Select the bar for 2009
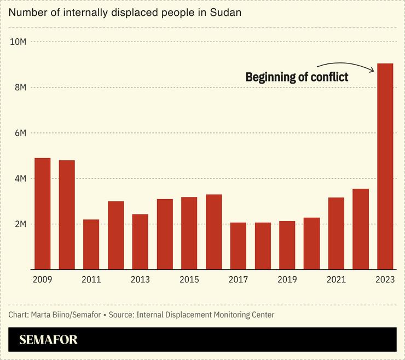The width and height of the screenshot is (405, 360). coord(42,214)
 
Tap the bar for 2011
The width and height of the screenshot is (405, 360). coord(91,244)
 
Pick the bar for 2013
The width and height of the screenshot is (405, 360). coord(140,241)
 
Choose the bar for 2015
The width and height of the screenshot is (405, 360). coord(189,233)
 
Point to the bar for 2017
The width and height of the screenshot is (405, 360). coord(238,246)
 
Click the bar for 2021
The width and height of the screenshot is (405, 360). coord(336,233)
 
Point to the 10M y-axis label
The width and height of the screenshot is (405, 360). coord(19,42)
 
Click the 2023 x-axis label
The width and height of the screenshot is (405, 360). coord(385,280)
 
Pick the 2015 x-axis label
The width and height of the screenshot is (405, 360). coord(189,280)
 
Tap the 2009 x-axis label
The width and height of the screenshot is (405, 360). coord(42,280)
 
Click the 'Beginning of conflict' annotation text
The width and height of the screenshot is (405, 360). coord(297,77)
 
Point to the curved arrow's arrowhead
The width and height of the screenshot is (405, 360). coord(373,69)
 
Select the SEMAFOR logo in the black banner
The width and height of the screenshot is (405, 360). coord(48,340)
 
